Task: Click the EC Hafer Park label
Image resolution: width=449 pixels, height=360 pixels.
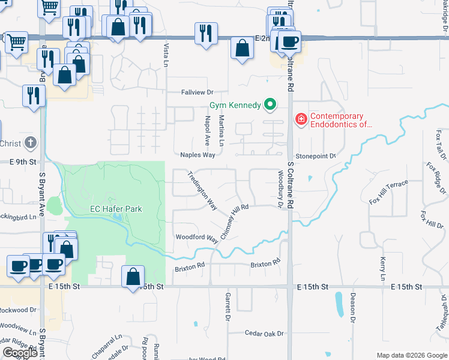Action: pos(116,209)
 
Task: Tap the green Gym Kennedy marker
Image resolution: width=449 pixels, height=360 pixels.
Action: pos(270,105)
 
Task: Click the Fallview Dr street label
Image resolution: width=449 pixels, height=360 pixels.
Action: pos(197,92)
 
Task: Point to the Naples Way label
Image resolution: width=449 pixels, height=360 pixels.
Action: pos(197,155)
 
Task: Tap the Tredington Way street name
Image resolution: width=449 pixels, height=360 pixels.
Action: pos(202,191)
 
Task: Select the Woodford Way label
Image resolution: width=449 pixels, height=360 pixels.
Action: pos(196,238)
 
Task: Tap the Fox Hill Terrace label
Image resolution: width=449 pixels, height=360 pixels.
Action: pos(389,191)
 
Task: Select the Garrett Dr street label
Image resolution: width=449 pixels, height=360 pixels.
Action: pos(228,306)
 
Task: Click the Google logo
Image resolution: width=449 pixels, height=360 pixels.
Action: pos(20,353)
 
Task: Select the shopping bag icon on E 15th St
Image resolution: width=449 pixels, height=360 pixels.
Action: pos(133,278)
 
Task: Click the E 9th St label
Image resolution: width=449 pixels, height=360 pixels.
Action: pos(23,162)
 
